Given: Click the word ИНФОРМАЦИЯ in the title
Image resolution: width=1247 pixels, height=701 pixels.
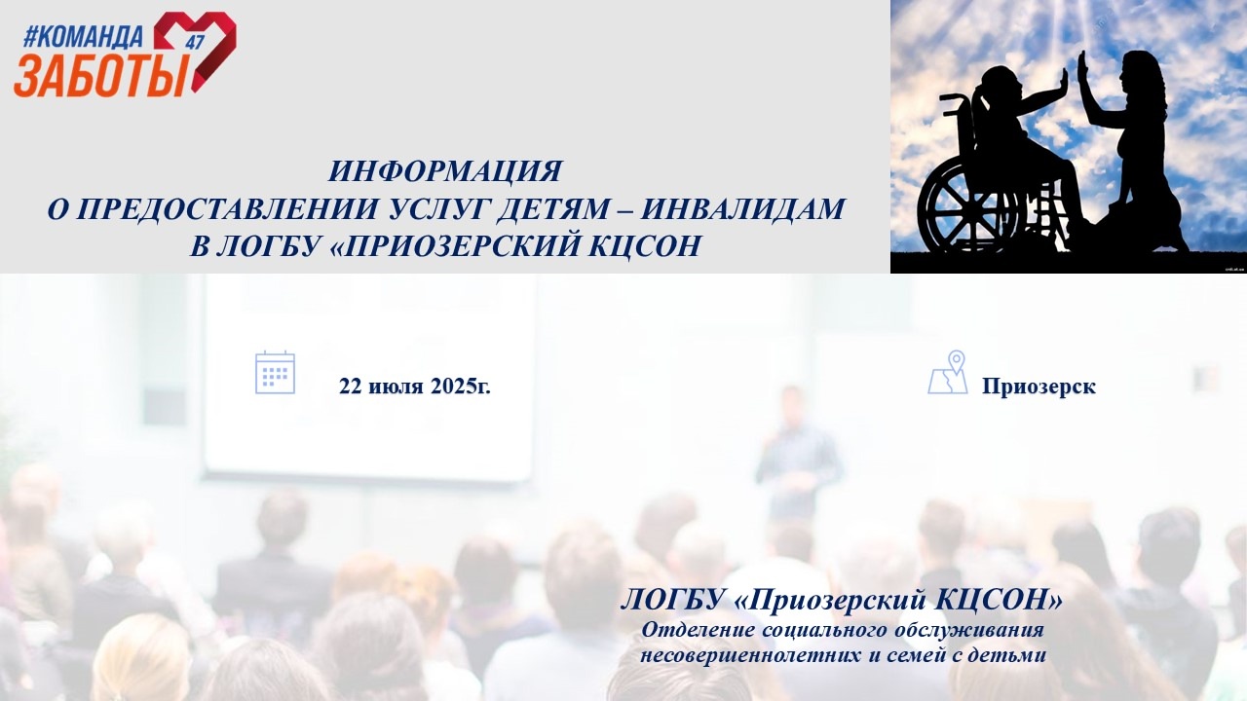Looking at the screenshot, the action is (445, 171).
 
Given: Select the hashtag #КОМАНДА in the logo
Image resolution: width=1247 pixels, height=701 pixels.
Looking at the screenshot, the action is (83, 37).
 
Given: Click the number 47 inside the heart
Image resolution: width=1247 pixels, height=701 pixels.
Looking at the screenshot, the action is (197, 42).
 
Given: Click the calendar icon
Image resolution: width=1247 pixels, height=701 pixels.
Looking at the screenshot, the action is (275, 373).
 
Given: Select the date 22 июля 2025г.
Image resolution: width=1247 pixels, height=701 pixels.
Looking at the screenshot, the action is (415, 386).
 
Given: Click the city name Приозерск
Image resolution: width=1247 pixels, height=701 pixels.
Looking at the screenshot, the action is (1039, 387).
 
